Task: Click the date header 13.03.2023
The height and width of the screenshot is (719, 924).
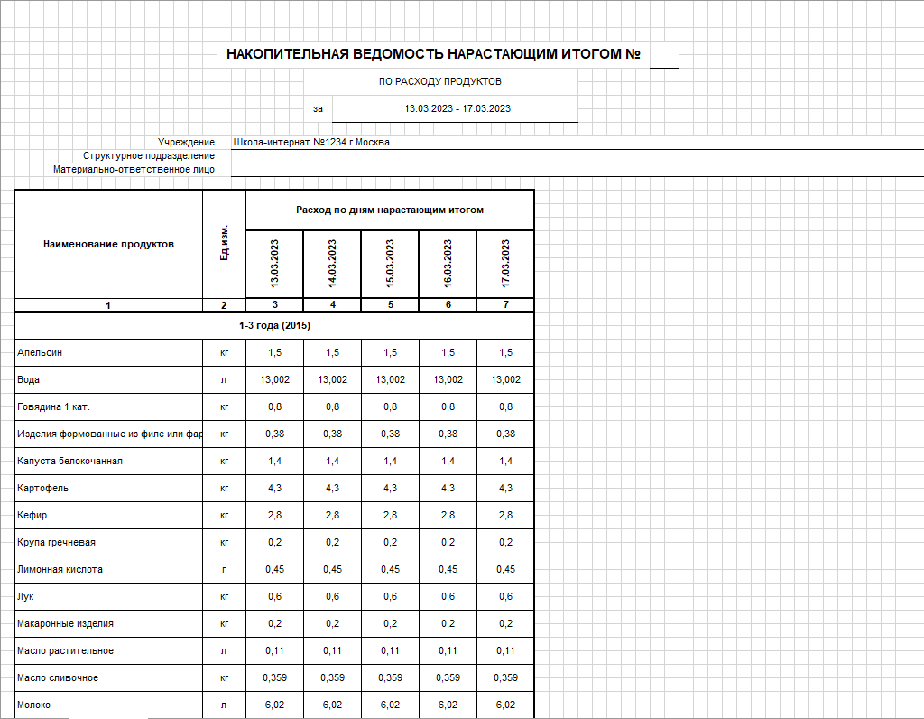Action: pyautogui.click(x=274, y=263)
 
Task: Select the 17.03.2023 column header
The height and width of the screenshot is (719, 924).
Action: pyautogui.click(x=505, y=263)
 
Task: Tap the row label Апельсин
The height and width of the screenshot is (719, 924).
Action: pyautogui.click(x=40, y=352)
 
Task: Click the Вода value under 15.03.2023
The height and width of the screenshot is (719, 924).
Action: pyautogui.click(x=390, y=380)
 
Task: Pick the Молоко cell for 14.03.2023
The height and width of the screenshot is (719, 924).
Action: pyautogui.click(x=332, y=705)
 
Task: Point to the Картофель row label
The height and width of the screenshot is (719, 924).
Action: pyautogui.click(x=42, y=489)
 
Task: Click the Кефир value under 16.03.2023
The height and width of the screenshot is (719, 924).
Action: pyautogui.click(x=448, y=516)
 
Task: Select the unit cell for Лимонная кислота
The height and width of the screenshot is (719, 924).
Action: pyautogui.click(x=224, y=570)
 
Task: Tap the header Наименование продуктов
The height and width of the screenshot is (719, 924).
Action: pyautogui.click(x=108, y=244)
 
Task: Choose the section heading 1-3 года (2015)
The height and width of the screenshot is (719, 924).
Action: pyautogui.click(x=274, y=325)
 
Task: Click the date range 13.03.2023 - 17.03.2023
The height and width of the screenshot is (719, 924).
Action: pyautogui.click(x=457, y=108)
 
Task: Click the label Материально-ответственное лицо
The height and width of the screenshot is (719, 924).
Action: pyautogui.click(x=134, y=169)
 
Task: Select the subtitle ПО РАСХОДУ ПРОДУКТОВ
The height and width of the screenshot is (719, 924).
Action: pyautogui.click(x=440, y=81)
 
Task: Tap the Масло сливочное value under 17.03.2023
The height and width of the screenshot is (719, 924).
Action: pyautogui.click(x=505, y=678)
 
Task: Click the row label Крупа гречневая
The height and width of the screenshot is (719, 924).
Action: pyautogui.click(x=56, y=543)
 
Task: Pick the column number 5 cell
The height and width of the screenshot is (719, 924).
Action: pyautogui.click(x=390, y=305)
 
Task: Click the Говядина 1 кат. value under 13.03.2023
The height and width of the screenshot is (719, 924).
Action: pyautogui.click(x=274, y=407)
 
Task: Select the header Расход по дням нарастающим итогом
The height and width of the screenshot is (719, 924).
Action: pyautogui.click(x=390, y=210)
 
